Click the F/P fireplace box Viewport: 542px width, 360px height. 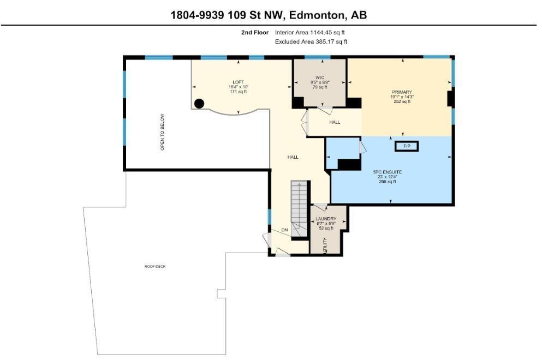pyautogui.click(x=407, y=146)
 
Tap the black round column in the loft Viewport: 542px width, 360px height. pyautogui.click(x=199, y=103)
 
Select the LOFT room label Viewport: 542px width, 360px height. pyautogui.click(x=238, y=82)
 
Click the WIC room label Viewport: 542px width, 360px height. pyautogui.click(x=320, y=78)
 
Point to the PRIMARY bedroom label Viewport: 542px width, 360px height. pyautogui.click(x=402, y=92)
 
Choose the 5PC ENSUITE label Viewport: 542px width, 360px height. pyautogui.click(x=387, y=172)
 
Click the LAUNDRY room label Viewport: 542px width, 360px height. pyautogui.click(x=326, y=219)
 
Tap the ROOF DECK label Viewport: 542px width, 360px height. pyautogui.click(x=155, y=266)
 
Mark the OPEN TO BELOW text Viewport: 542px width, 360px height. pyautogui.click(x=162, y=132)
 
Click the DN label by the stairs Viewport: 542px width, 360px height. pyautogui.click(x=284, y=230)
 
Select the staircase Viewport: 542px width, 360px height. pyautogui.click(x=299, y=209)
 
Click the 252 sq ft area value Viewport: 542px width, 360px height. pyautogui.click(x=402, y=101)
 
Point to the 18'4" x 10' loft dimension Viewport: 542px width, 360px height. pyautogui.click(x=238, y=87)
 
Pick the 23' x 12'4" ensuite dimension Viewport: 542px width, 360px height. pyautogui.click(x=387, y=177)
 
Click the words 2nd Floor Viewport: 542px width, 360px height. pyautogui.click(x=255, y=33)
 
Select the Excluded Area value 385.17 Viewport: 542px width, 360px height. pyautogui.click(x=326, y=42)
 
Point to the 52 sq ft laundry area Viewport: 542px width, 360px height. pyautogui.click(x=326, y=228)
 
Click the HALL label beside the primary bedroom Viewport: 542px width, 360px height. pyautogui.click(x=335, y=122)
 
